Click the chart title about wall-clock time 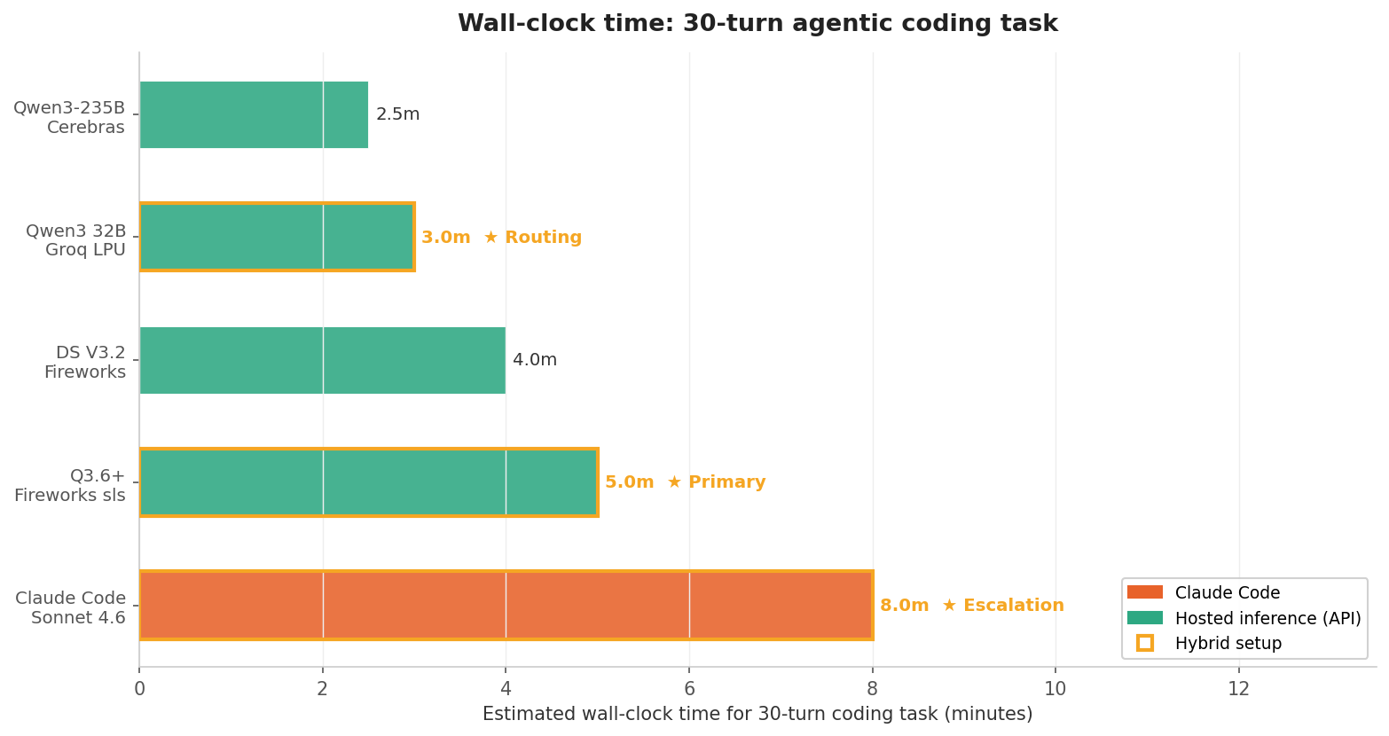point(757,24)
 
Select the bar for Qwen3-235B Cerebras point(254,114)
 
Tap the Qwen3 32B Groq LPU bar point(277,237)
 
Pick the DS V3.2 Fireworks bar point(322,360)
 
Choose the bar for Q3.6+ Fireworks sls point(368,482)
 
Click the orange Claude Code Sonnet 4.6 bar point(506,605)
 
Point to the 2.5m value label point(397,114)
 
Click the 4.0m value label point(535,360)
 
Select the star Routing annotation point(532,238)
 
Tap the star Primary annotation point(716,482)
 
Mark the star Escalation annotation point(1002,606)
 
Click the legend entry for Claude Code point(1227,593)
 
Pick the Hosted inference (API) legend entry point(1267,618)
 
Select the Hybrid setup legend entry point(1228,644)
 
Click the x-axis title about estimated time point(757,714)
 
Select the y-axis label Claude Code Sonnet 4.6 point(70,608)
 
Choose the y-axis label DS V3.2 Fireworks point(85,363)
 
